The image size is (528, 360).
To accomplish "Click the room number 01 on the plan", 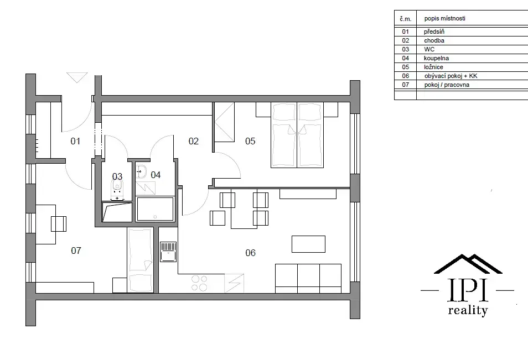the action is click(x=75, y=141).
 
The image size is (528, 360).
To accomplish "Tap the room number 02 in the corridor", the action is click(x=194, y=141).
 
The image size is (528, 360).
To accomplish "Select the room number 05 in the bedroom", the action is click(x=250, y=141).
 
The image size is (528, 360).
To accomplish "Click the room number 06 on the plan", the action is click(x=251, y=253).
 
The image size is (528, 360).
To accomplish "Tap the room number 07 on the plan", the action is click(x=76, y=251).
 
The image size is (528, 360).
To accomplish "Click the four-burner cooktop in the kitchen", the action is click(x=199, y=283).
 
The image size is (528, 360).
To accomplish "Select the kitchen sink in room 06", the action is click(x=168, y=252).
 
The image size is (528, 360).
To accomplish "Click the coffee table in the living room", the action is click(x=308, y=244).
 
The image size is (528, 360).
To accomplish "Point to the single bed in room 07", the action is click(x=141, y=260).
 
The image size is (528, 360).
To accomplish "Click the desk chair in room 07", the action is click(x=59, y=224).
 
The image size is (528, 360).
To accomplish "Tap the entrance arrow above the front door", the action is click(x=77, y=77).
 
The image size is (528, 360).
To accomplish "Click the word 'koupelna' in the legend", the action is click(x=437, y=58).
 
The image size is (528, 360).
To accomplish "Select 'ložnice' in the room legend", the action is click(x=434, y=67).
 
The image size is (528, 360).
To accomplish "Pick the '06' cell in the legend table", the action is click(x=406, y=76).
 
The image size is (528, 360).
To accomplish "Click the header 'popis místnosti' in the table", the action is click(x=445, y=18).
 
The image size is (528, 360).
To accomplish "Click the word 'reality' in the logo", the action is click(x=468, y=310).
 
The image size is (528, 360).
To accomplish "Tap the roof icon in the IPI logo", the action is click(x=468, y=264).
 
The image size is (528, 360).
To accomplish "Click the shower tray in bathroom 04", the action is click(x=155, y=209).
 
